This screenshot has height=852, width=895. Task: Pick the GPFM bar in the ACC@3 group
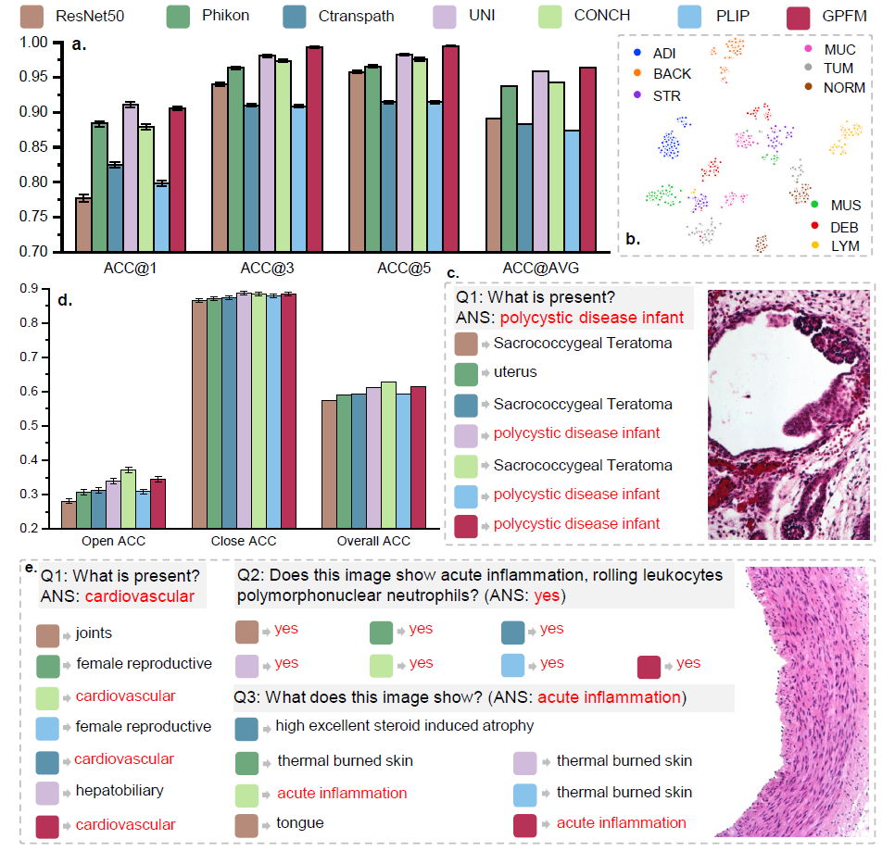(314, 149)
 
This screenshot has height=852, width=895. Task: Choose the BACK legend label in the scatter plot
(672, 73)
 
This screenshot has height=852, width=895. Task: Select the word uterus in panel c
(514, 372)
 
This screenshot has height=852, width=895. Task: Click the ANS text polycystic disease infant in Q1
(592, 318)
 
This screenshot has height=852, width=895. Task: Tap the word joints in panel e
(95, 634)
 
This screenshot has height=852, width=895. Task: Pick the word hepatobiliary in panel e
(120, 791)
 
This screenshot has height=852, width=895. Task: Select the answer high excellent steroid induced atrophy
(404, 725)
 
